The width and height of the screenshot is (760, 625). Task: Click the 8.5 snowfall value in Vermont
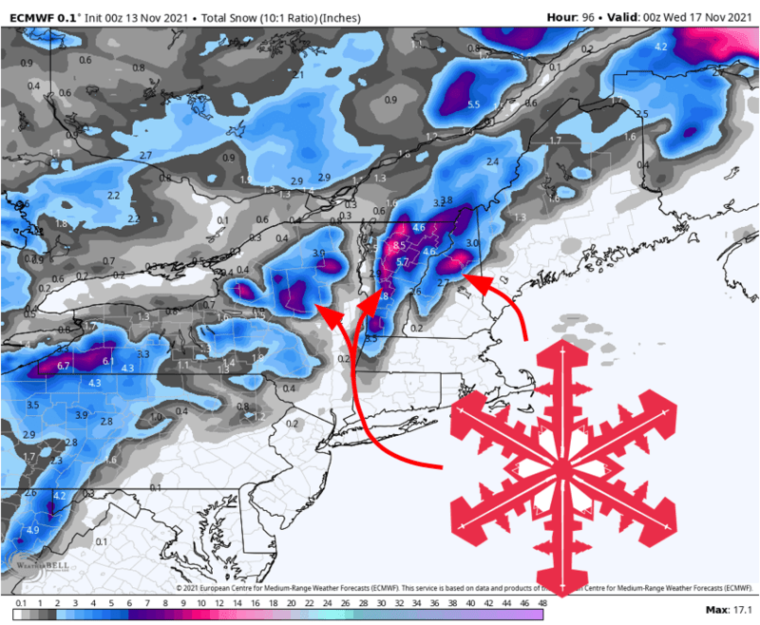tap(399, 246)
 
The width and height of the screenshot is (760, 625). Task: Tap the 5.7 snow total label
tap(402, 262)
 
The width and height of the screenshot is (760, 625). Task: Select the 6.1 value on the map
tap(108, 362)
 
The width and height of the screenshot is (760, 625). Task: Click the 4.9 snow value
tap(33, 530)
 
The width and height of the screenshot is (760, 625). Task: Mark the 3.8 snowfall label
tap(446, 199)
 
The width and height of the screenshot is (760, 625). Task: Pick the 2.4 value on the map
tap(492, 162)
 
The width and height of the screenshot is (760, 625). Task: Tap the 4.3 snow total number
tap(94, 383)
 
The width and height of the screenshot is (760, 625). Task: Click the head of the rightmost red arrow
tap(468, 279)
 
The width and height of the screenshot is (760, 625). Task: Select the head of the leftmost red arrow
tap(321, 309)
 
